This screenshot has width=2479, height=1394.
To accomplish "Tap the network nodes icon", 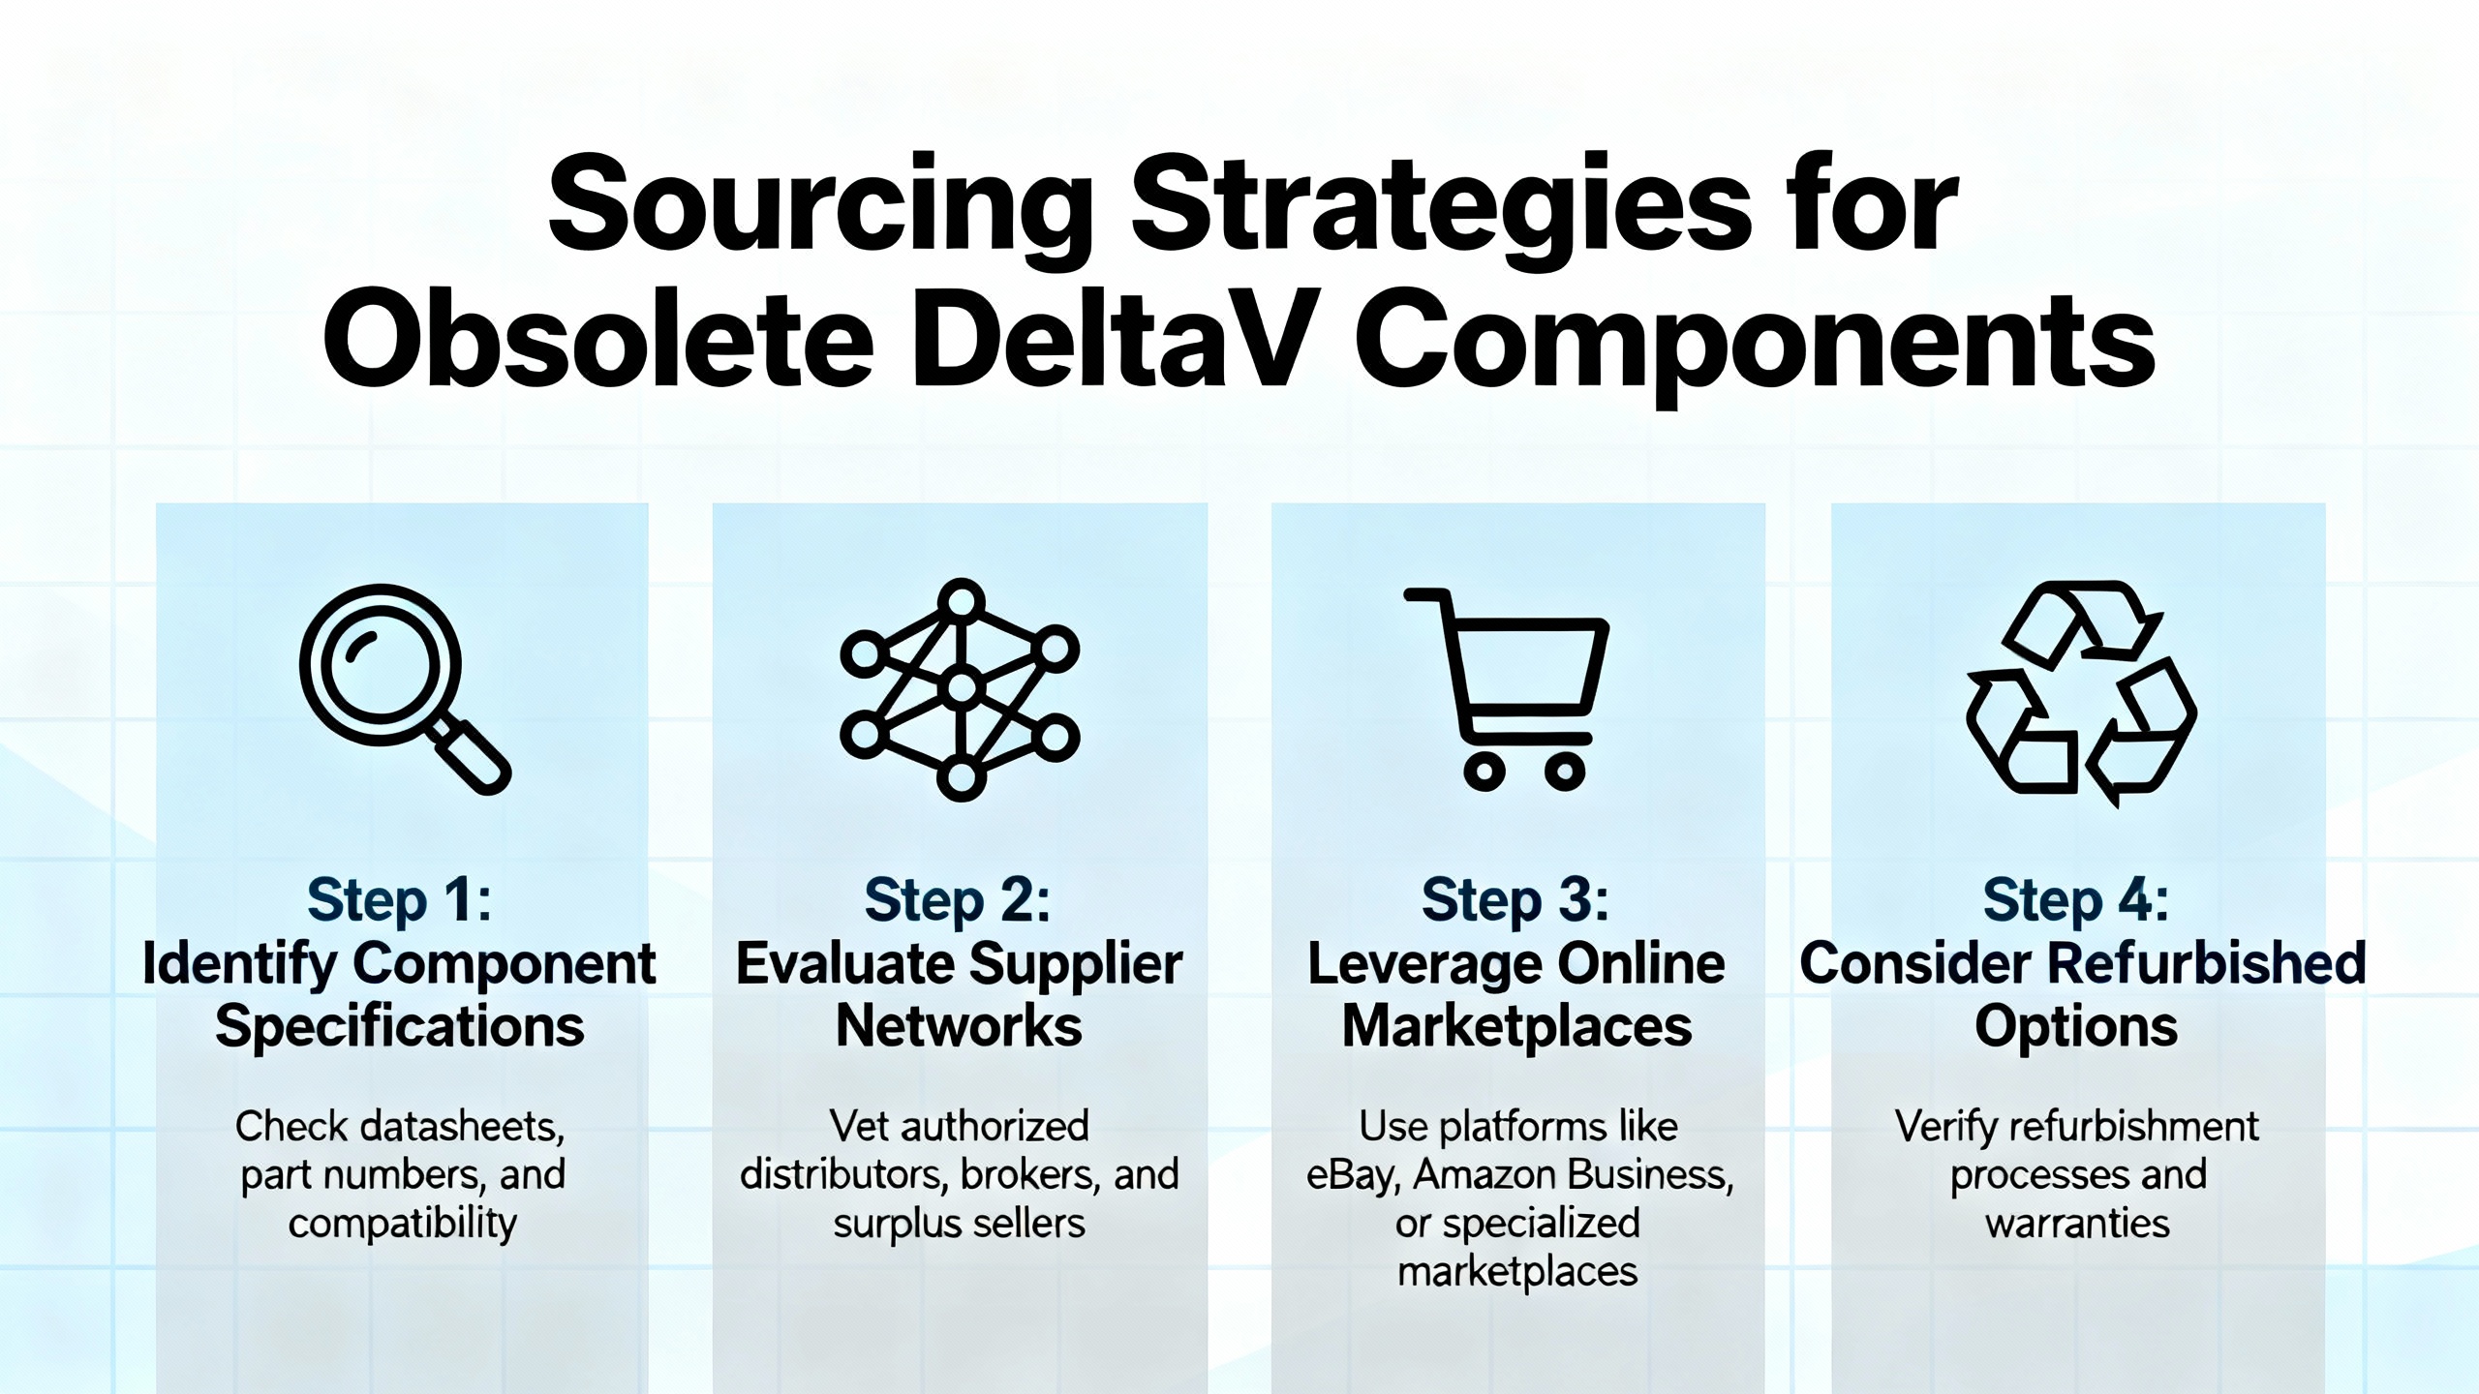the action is (960, 689).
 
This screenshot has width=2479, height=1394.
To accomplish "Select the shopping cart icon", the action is (1507, 688).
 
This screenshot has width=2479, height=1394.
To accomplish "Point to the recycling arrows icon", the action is (2081, 693).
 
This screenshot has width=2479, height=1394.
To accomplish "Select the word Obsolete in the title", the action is (598, 340).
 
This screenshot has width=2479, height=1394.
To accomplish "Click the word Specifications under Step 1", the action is (400, 1026).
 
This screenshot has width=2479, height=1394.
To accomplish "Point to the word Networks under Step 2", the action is (959, 1026).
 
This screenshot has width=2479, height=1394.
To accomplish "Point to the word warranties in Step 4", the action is (2077, 1224).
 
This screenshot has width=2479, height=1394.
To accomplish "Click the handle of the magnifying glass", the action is (470, 754).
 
